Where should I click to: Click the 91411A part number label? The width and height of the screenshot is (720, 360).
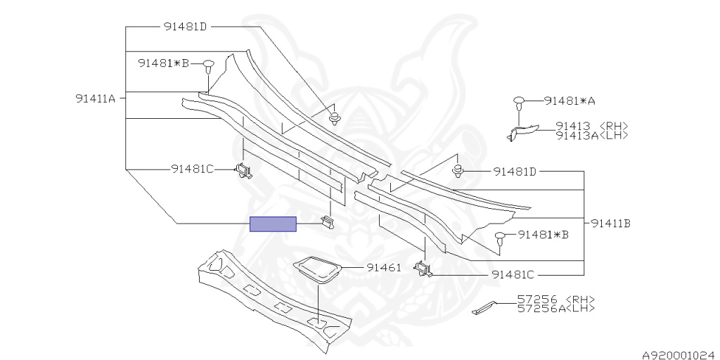click(96, 98)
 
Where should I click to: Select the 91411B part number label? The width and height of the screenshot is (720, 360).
click(610, 224)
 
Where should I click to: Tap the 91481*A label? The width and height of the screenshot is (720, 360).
click(570, 101)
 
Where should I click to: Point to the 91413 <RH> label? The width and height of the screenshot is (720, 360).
click(591, 126)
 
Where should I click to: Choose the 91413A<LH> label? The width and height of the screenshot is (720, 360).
click(591, 134)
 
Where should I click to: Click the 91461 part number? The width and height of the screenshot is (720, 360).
click(383, 268)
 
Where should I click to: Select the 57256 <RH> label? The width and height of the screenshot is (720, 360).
click(556, 300)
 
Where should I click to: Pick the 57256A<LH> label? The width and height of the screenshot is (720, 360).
click(556, 308)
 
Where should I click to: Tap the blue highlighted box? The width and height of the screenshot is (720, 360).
click(273, 224)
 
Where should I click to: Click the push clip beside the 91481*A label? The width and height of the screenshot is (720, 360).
click(519, 103)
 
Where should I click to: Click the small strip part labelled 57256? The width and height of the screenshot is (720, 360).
click(484, 308)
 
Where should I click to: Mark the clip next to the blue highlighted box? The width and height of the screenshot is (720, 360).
click(327, 221)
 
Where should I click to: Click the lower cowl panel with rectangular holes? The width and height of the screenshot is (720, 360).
click(274, 301)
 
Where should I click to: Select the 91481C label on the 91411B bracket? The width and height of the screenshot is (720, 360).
click(513, 275)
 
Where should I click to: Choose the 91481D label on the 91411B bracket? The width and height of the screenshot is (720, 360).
click(515, 172)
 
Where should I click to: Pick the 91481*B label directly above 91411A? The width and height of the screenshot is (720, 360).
click(163, 64)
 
